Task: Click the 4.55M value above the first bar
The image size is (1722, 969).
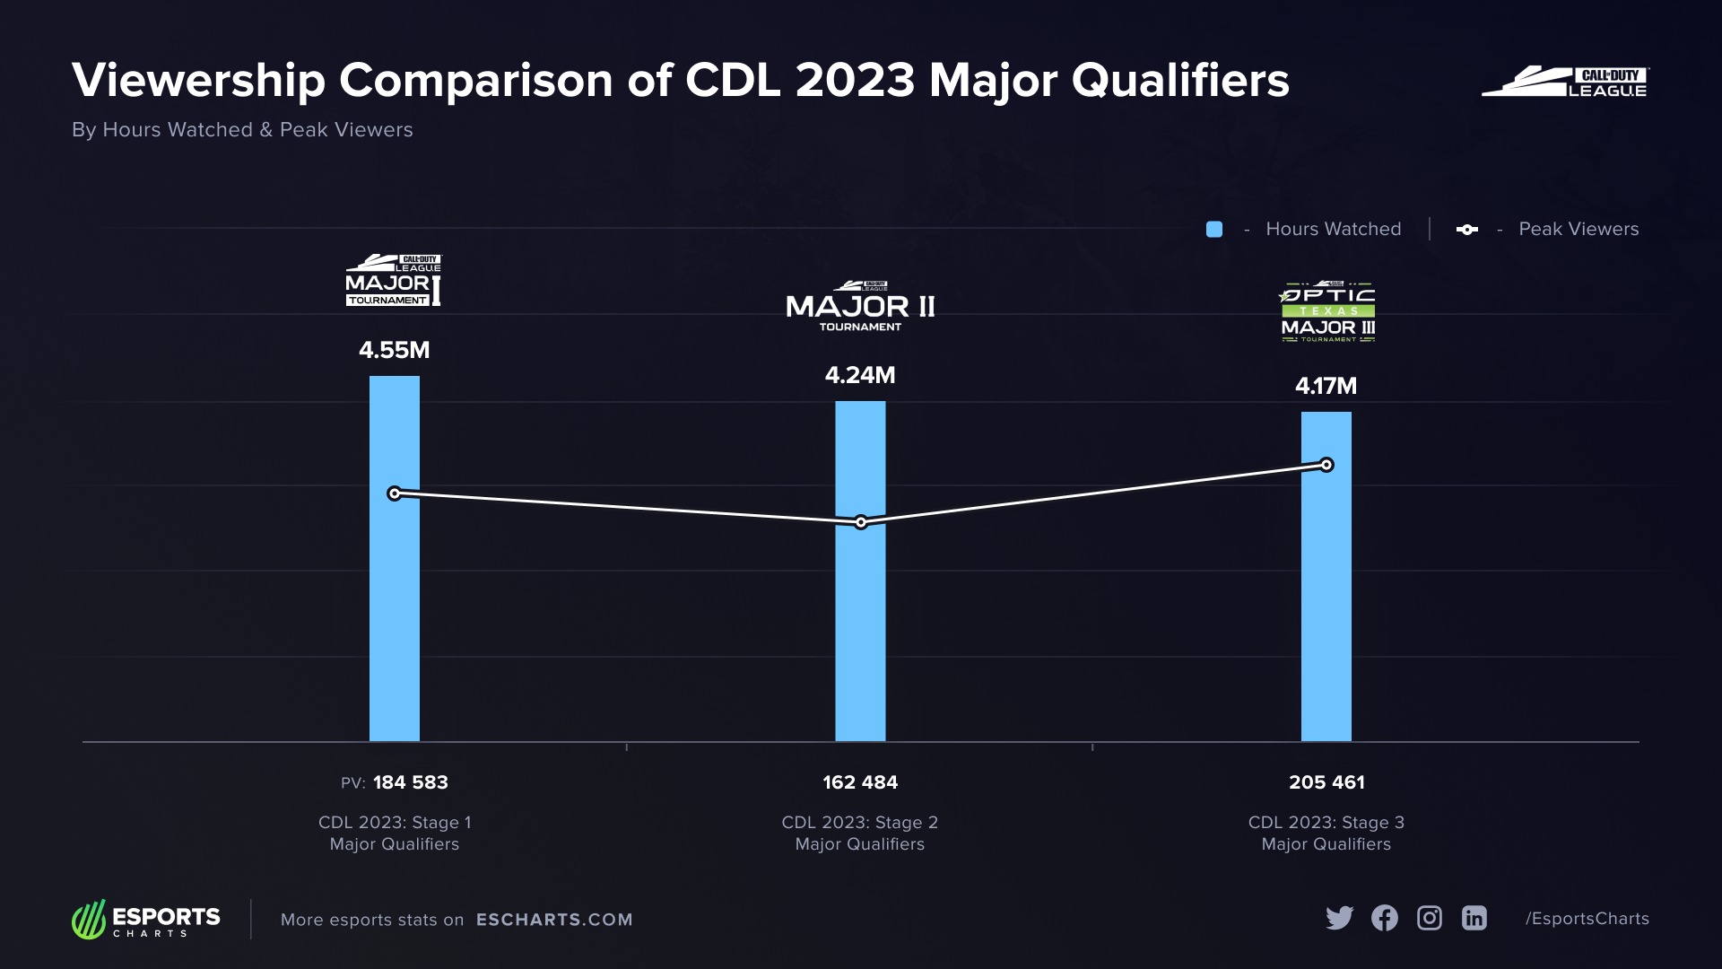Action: coord(394,350)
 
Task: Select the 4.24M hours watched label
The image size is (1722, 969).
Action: coord(860,375)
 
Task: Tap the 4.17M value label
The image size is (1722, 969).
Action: coord(1326,386)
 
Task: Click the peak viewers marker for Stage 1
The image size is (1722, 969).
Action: coord(395,493)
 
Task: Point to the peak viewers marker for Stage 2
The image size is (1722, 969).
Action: coord(861,522)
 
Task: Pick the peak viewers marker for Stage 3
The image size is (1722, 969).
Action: coord(1326,465)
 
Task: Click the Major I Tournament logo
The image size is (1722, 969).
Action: coord(394,281)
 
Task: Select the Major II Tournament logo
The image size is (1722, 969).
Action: coord(860,307)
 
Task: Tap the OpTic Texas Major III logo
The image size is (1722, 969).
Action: coord(1327,312)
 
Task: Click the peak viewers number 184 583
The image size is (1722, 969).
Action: coord(410,782)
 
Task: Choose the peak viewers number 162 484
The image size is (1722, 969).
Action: coord(860,782)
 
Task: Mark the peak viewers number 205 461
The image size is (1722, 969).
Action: coord(1326,782)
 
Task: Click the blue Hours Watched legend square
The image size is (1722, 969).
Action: coord(1214,230)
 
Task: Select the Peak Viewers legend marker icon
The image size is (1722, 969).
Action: coord(1467,230)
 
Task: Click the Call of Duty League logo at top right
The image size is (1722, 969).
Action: coord(1565,82)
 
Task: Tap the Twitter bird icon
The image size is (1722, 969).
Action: coord(1339,918)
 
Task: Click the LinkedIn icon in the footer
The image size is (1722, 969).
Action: coord(1474,918)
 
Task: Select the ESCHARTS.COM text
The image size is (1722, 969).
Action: coord(554,920)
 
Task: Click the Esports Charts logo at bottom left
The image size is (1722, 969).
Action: coord(146,920)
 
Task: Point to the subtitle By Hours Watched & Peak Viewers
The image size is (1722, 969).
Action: coord(242,130)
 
